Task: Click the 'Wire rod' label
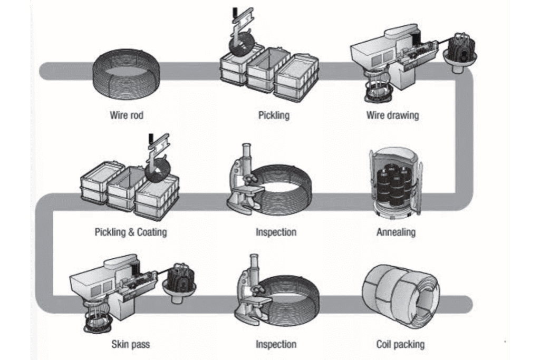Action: pyautogui.click(x=127, y=114)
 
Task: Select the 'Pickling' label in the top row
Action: pyautogui.click(x=274, y=114)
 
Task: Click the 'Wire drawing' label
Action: pyautogui.click(x=392, y=114)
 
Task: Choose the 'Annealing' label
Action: pyautogui.click(x=396, y=232)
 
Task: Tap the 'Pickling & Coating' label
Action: pyautogui.click(x=130, y=232)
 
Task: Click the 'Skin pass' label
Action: pyautogui.click(x=130, y=345)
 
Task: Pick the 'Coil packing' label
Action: pyautogui.click(x=400, y=345)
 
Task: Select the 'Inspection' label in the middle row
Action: pyautogui.click(x=276, y=232)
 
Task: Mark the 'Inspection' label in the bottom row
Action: pyautogui.click(x=276, y=345)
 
